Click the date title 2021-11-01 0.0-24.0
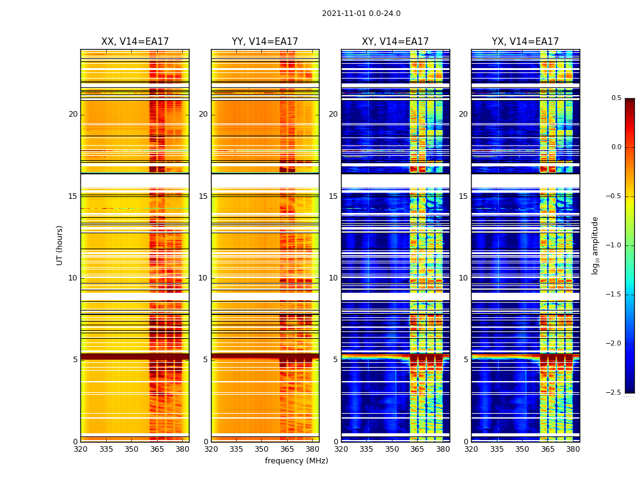[361, 14]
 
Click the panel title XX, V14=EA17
[135, 42]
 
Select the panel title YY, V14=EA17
[265, 42]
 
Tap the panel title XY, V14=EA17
[395, 42]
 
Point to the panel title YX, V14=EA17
[525, 42]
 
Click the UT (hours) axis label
[60, 245]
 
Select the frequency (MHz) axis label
[296, 461]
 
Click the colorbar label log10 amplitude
[595, 245]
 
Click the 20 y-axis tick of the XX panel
[73, 114]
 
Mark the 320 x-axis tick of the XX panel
[80, 449]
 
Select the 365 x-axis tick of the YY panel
[287, 449]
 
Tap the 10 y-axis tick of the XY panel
[333, 278]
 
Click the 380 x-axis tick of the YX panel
[573, 449]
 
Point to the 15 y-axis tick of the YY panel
[203, 196]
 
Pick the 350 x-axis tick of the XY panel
[392, 449]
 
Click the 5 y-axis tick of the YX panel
[466, 360]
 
